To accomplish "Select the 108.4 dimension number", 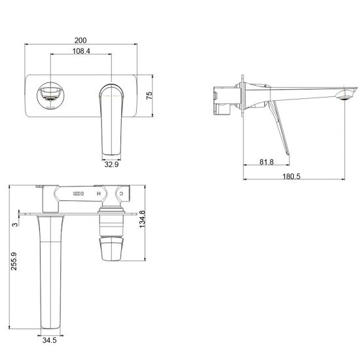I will click(81, 52).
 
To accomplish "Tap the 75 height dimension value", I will click(149, 95).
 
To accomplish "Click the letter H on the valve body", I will click(99, 194).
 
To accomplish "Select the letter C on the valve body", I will click(120, 194).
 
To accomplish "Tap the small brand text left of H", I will click(79, 194).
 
